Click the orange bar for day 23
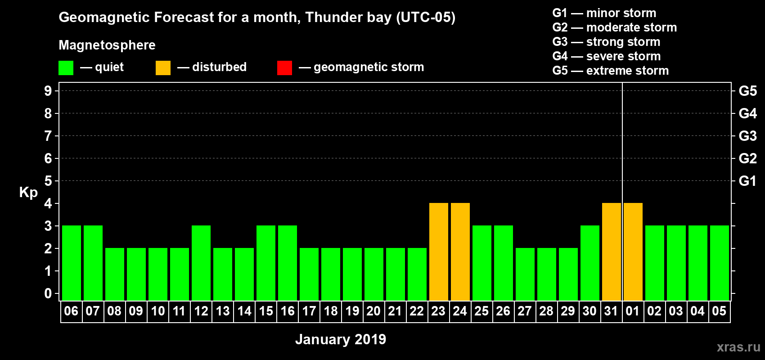[x=438, y=252]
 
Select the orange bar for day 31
[x=611, y=252]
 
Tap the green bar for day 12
[x=201, y=263]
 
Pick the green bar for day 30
[x=590, y=263]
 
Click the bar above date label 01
[x=633, y=252]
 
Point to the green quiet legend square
[x=66, y=67]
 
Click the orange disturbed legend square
[x=163, y=67]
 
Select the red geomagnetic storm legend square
[x=284, y=67]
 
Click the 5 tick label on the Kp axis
[x=48, y=181]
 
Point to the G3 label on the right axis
[x=747, y=136]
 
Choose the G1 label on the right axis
[x=747, y=181]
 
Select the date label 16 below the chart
[x=288, y=311]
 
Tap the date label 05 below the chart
[x=719, y=311]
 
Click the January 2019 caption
[x=341, y=339]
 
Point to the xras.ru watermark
[x=738, y=347]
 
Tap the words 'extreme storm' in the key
[x=627, y=71]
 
